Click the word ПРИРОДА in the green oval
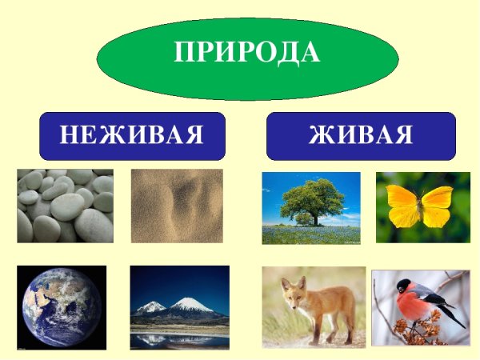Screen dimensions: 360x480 click(x=246, y=53)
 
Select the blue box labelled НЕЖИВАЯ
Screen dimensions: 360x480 click(x=132, y=135)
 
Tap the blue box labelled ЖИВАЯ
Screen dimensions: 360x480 click(x=360, y=135)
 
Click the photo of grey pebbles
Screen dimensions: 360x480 click(x=65, y=206)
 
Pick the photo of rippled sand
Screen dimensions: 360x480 click(x=177, y=206)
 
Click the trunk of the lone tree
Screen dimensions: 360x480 click(x=312, y=218)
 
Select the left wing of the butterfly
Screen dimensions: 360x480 click(x=402, y=206)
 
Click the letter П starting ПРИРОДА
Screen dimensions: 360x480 click(x=185, y=53)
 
